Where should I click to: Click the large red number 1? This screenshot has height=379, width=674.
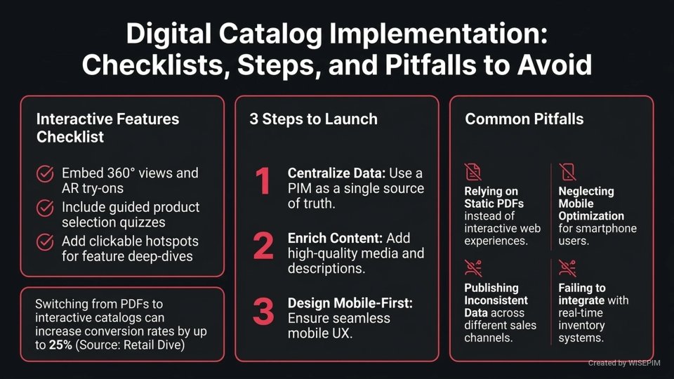click(x=262, y=182)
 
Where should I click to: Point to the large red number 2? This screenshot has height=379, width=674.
click(x=263, y=246)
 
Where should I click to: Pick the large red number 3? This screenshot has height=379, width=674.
click(x=263, y=312)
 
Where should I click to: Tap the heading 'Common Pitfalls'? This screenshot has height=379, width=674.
click(x=524, y=119)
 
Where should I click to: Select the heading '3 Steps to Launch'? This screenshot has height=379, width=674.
click(x=313, y=119)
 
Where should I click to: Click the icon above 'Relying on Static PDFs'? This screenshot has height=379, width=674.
click(x=473, y=172)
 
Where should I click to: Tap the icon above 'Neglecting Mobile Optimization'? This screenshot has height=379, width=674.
click(x=567, y=172)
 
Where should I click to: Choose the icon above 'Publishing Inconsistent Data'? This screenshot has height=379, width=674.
click(x=473, y=268)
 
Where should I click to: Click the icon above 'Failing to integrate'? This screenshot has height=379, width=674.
click(x=567, y=268)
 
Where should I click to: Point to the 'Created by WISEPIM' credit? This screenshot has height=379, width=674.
click(x=626, y=363)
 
